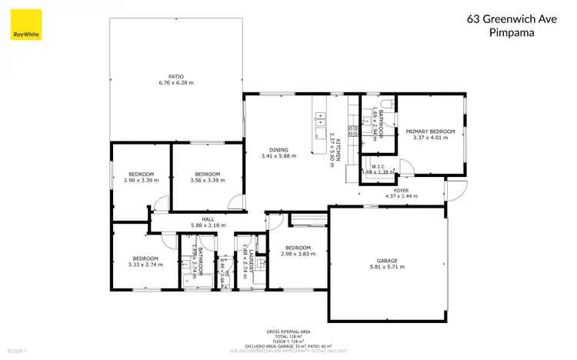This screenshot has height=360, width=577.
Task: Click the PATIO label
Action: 176,76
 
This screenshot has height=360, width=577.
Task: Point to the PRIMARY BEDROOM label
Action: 430,132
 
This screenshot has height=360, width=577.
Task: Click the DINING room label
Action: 278,150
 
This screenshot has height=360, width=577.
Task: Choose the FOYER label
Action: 401,189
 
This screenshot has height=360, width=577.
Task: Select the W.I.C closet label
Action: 378,165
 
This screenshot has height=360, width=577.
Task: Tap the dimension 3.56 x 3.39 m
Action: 208,180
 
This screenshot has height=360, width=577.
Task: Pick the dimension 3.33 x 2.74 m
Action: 145,265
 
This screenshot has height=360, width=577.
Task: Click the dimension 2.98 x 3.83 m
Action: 299,253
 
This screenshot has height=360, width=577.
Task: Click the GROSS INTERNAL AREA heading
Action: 288,332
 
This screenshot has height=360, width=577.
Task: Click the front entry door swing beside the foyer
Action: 456,187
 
